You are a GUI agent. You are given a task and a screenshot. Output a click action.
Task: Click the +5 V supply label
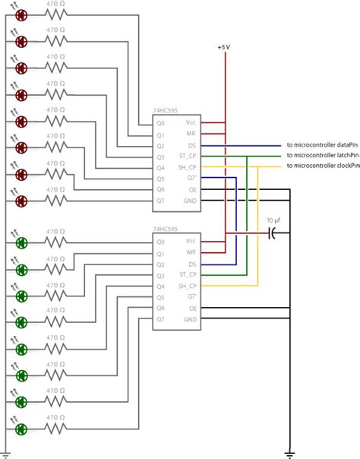[x=223, y=47]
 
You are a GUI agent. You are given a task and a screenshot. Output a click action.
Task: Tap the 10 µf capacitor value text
[x=274, y=221]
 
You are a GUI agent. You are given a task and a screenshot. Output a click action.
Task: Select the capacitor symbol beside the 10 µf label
[x=272, y=233]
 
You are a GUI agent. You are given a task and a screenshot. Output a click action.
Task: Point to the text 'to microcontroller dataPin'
[x=321, y=145]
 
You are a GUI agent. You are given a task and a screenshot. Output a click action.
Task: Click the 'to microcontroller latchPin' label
[x=322, y=156]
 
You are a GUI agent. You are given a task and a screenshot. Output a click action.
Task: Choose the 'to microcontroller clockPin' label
[x=322, y=166]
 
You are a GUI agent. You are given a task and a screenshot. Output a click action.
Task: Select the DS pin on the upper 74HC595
[x=192, y=145]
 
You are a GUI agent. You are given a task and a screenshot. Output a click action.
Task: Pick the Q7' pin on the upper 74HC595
[x=192, y=178]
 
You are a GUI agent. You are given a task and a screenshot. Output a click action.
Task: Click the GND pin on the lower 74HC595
[x=191, y=320]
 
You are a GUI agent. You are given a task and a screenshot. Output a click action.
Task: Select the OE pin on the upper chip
[x=192, y=189]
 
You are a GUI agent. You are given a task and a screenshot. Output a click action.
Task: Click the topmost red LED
[x=22, y=15]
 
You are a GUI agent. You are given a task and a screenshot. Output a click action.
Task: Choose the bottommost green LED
[x=22, y=428]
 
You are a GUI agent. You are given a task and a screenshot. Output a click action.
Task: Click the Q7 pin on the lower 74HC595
[x=160, y=320]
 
